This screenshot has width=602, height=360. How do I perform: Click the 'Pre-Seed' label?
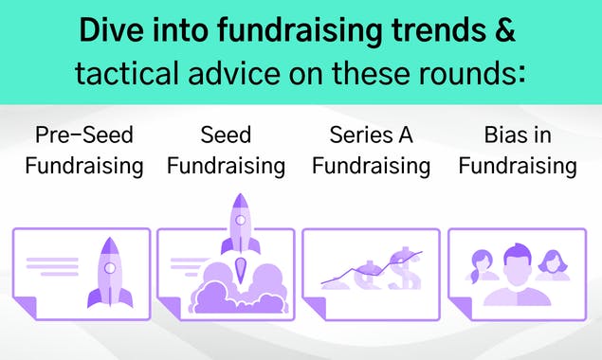(83, 135)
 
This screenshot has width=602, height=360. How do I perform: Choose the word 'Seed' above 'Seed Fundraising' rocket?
(226, 135)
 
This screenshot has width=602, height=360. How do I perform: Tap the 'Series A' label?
(371, 135)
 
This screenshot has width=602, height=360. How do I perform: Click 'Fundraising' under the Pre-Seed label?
(83, 167)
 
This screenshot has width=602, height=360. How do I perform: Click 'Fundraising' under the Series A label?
(371, 167)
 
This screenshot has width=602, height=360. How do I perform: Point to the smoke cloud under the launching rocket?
(237, 289)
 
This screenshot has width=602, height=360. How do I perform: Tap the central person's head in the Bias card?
(517, 261)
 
